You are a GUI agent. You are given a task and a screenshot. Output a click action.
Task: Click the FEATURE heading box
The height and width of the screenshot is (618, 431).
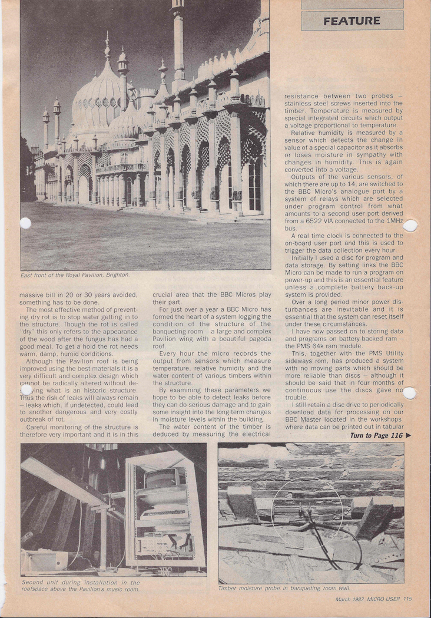(352, 21)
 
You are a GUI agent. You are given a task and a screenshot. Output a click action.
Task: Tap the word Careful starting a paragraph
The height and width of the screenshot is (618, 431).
(41, 426)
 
